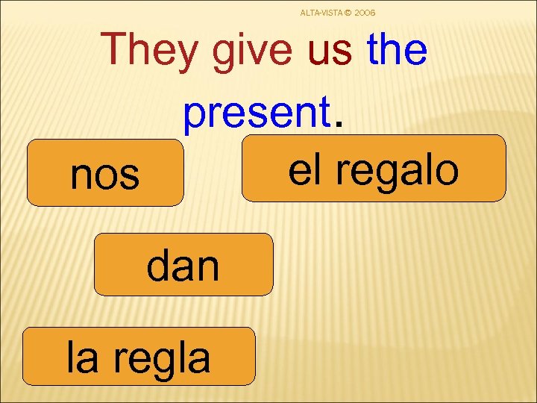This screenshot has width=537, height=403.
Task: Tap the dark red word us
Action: pos(329,50)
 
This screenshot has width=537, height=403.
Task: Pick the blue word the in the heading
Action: pos(397,50)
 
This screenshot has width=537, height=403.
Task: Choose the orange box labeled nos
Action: pos(105,173)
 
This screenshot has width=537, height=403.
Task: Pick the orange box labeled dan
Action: pos(183,265)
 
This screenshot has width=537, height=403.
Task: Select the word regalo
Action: pos(396,169)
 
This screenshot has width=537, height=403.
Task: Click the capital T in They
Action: pos(119,50)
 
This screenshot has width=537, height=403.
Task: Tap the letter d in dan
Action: pos(159,265)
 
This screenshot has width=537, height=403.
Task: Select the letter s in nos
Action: pos(129,176)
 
